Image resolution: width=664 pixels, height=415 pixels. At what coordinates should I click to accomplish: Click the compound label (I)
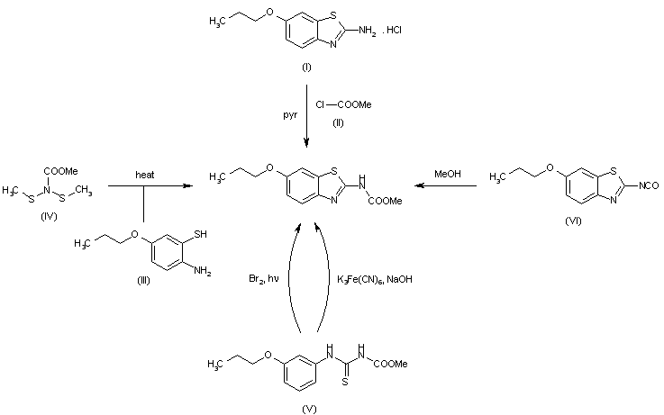(x=308, y=68)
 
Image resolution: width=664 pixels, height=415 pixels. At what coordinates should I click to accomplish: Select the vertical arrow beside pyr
(x=307, y=117)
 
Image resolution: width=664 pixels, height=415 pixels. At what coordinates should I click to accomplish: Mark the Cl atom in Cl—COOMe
(x=321, y=104)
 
